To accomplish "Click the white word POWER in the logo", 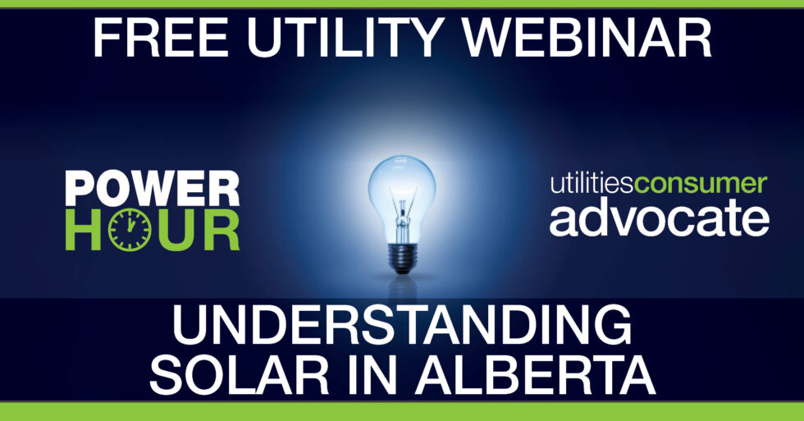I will coord(152,190).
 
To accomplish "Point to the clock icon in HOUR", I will coord(130,231).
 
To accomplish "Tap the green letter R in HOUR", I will coord(219,231).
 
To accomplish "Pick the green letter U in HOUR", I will coord(176,231).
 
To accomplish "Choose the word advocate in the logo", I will coord(659,219).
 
